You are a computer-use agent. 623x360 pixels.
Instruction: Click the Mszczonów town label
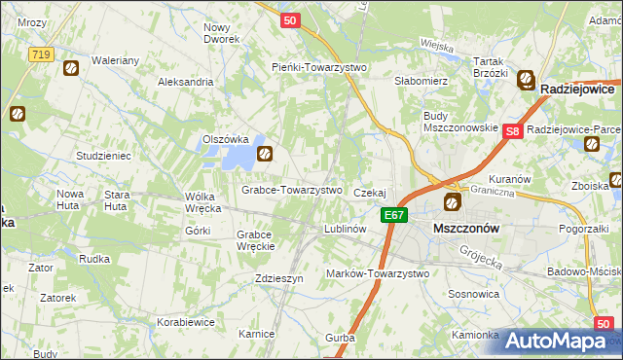click(465, 228)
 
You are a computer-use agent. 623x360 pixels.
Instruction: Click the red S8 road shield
click(514, 130)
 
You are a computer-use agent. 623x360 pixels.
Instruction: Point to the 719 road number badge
click(40, 54)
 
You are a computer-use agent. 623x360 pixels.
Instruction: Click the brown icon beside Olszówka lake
click(264, 153)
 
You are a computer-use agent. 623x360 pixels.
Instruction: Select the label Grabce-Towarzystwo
click(292, 190)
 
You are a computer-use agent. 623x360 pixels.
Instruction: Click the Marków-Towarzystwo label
click(378, 274)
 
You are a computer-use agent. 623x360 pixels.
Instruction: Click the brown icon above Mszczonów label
click(452, 202)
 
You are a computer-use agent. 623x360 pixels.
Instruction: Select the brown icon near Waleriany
click(70, 67)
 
